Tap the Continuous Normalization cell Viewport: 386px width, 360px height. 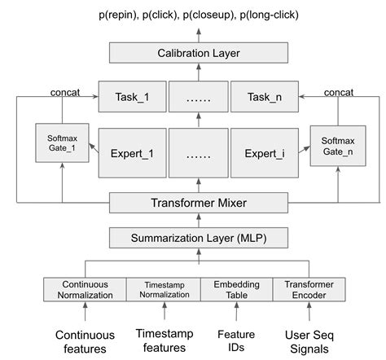click(x=85, y=289)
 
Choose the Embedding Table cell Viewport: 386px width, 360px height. click(x=237, y=289)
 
